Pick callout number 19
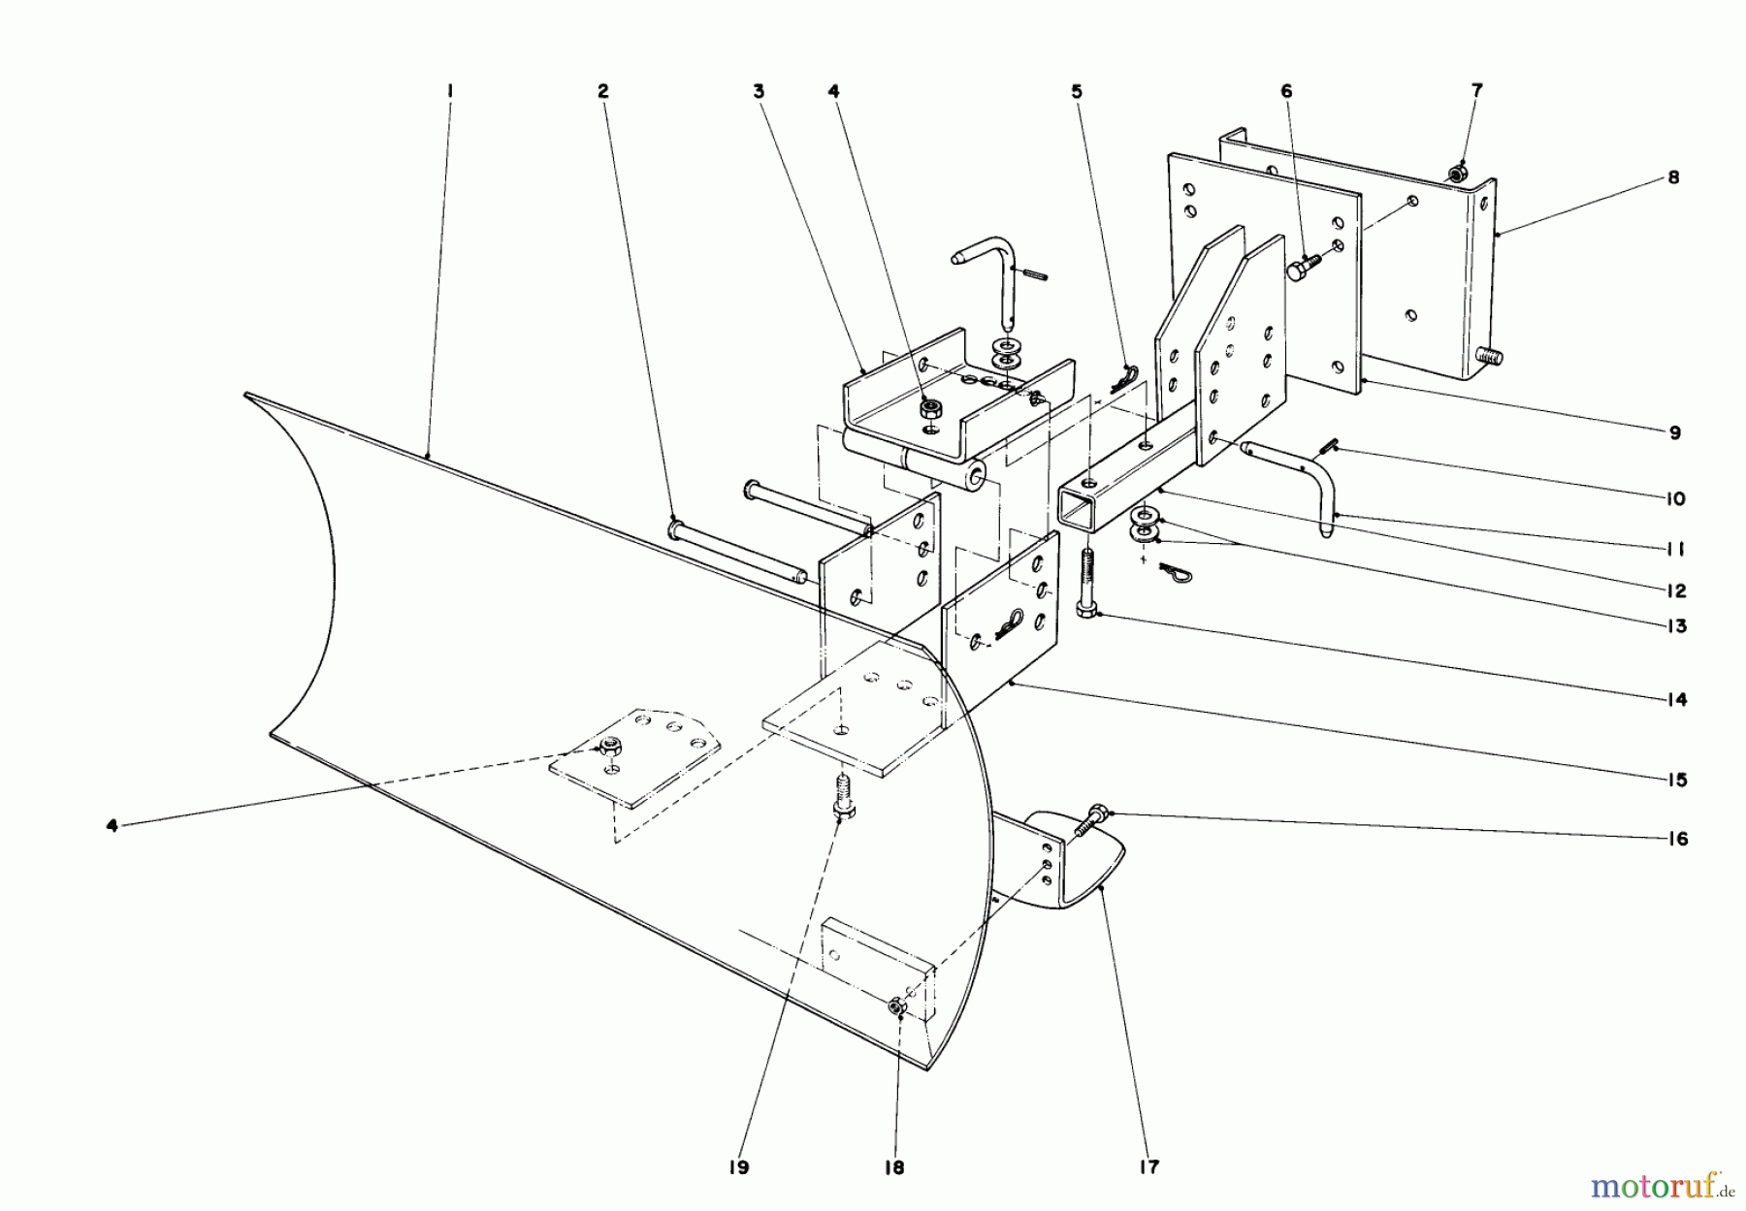[x=739, y=1167]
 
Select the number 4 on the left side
[x=113, y=826]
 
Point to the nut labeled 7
[x=1455, y=174]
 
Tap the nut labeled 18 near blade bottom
[x=894, y=1009]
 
